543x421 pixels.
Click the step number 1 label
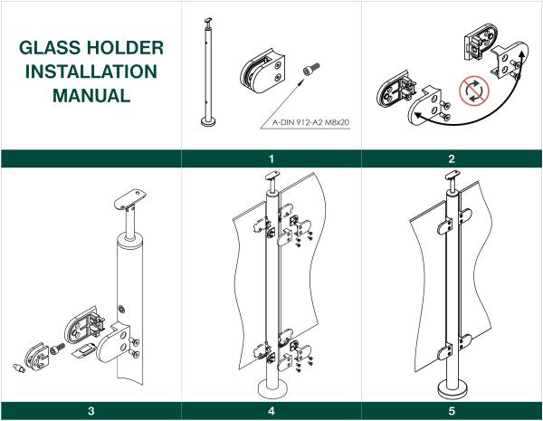271,158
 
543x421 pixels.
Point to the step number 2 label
452,158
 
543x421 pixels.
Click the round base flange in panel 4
271,388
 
